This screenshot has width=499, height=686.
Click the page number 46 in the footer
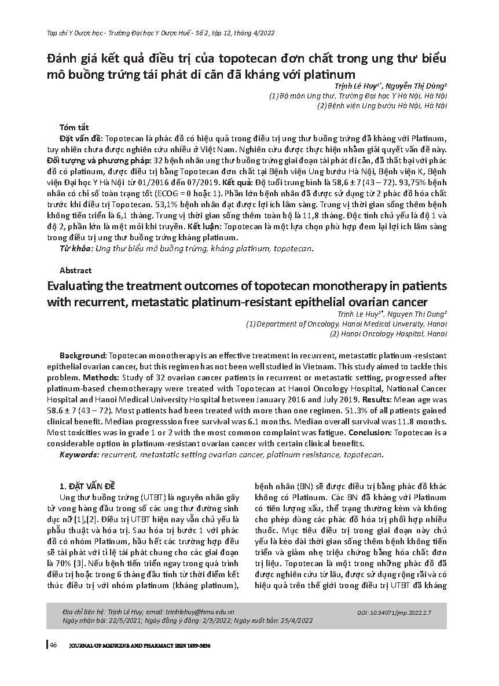point(53,645)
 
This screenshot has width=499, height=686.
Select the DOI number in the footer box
point(411,611)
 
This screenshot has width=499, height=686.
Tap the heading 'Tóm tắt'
point(74,127)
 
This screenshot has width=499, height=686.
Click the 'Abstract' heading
point(75,270)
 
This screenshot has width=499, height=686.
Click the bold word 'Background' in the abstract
point(83,354)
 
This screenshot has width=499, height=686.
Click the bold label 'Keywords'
point(79,454)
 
